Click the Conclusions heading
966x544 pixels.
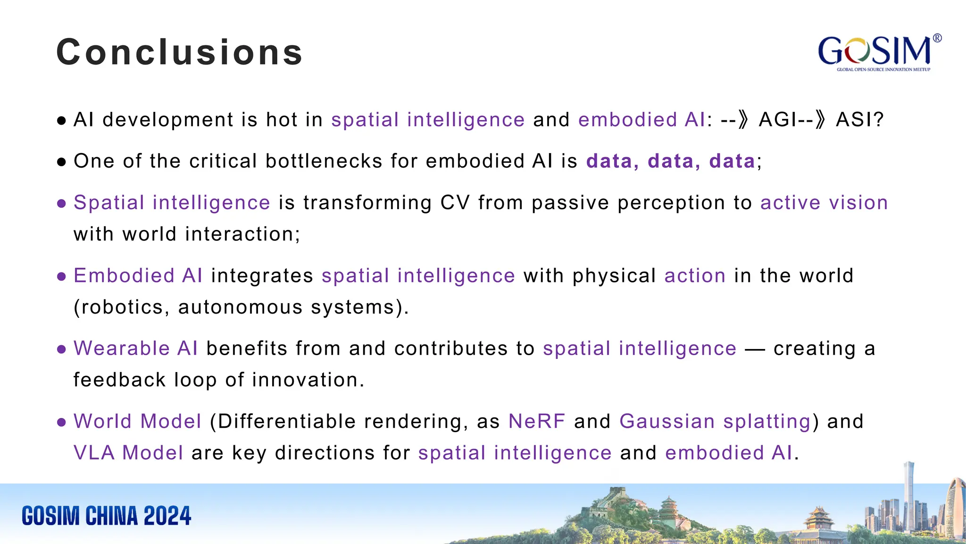point(179,52)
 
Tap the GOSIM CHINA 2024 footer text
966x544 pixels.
point(107,516)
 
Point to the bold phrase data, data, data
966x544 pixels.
point(670,161)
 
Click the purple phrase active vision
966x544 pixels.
point(824,203)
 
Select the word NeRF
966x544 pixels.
point(537,421)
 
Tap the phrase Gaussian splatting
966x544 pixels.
point(715,421)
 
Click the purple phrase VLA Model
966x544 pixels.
point(128,453)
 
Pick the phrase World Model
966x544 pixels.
point(137,421)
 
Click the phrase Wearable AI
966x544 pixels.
point(136,348)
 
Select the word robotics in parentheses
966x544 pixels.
point(122,307)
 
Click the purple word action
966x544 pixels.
point(695,276)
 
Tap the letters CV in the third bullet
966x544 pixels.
point(455,203)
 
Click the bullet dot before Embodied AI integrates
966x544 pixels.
point(61,276)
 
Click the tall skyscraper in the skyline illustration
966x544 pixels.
point(908,496)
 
